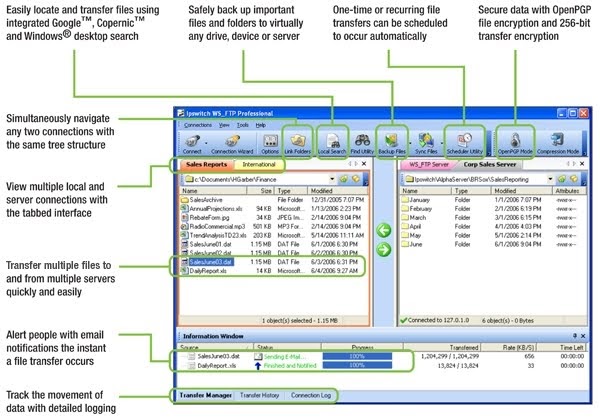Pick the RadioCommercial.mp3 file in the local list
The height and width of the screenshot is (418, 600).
coord(224,226)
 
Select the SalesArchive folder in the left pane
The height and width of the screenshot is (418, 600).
coord(209,199)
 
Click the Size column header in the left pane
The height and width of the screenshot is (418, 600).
coord(266,189)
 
